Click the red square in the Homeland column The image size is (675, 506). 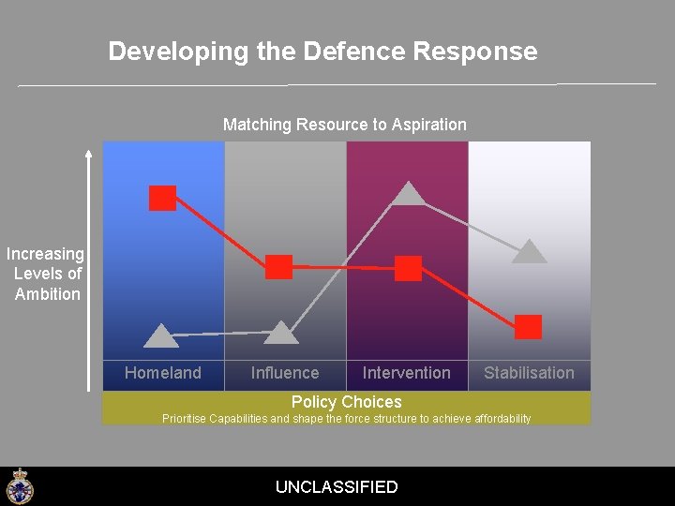pos(163,198)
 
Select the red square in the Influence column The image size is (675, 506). pos(279,267)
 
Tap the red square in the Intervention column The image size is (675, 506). pos(409,268)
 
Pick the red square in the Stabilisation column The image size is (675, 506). pos(529,326)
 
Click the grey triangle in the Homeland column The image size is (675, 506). pos(161,335)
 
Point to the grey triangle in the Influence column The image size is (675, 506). pos(281,333)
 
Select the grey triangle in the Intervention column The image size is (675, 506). pos(408,194)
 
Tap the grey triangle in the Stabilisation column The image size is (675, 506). pos(530,251)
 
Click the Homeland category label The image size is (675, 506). pos(163,373)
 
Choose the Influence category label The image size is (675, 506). pos(285,373)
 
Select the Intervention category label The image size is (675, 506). pos(407,373)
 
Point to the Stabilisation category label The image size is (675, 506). pos(529,373)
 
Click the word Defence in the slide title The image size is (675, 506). pos(349,51)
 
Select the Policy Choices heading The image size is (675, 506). pos(346,402)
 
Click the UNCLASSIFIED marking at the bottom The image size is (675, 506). pos(337,487)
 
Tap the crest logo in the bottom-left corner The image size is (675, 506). pos(19,486)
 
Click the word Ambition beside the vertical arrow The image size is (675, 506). pos(48,294)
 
